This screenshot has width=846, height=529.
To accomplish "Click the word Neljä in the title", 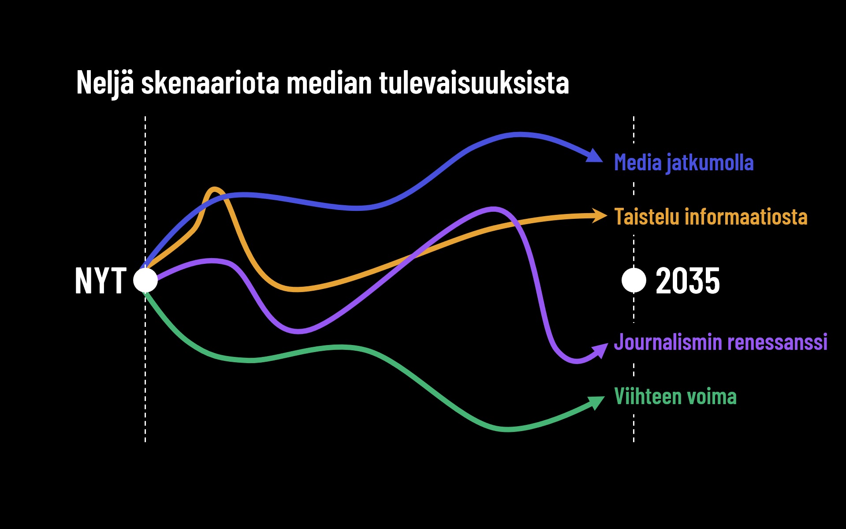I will (x=105, y=83).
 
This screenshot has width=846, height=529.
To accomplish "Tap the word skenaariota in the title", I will (x=210, y=83).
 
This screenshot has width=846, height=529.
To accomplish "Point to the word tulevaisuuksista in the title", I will (x=474, y=83).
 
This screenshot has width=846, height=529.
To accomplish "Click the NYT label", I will (x=101, y=281).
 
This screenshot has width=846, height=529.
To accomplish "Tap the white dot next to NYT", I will (x=145, y=280).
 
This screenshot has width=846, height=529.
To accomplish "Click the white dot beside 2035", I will (x=634, y=280).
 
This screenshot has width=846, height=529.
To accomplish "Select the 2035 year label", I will (x=687, y=281).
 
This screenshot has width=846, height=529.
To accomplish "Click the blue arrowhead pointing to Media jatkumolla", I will (x=594, y=156).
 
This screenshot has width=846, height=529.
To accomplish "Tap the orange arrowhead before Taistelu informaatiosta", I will (x=600, y=215).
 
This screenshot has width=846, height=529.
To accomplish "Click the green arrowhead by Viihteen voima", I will (x=596, y=402).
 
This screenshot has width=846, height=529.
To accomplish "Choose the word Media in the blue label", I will (x=638, y=162).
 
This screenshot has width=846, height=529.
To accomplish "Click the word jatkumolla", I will (x=710, y=162).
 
